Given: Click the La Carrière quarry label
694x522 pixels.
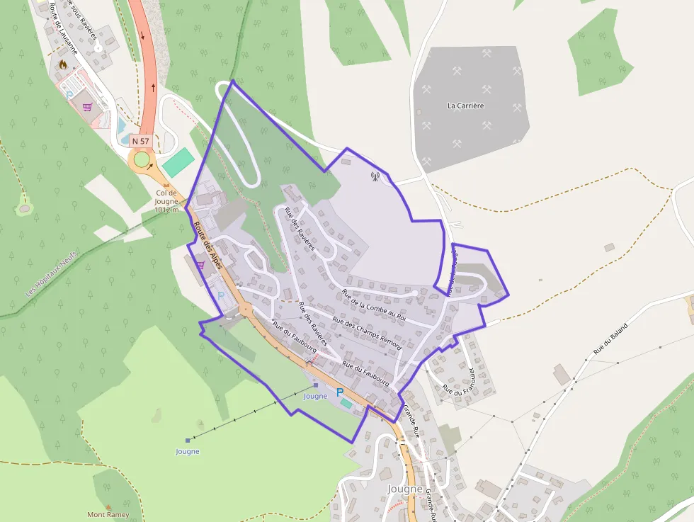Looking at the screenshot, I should click(x=465, y=106).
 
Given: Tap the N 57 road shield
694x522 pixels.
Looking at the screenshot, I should click(x=140, y=142).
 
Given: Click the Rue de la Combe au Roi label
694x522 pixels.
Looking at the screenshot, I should click(x=373, y=305).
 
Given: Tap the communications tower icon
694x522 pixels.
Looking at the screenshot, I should click(x=375, y=176).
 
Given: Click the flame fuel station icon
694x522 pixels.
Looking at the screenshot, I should click(x=63, y=64).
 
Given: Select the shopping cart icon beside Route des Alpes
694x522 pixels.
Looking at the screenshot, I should click(x=200, y=265).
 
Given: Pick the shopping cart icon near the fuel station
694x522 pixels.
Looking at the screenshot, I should click(x=87, y=108).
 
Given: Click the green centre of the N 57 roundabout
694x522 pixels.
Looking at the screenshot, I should click(x=142, y=160).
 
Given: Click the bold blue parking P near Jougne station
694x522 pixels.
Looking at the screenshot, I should click(x=339, y=392).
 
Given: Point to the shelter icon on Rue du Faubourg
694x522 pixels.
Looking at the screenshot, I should click(x=309, y=363).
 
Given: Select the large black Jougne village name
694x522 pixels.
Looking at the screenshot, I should click(x=405, y=489).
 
